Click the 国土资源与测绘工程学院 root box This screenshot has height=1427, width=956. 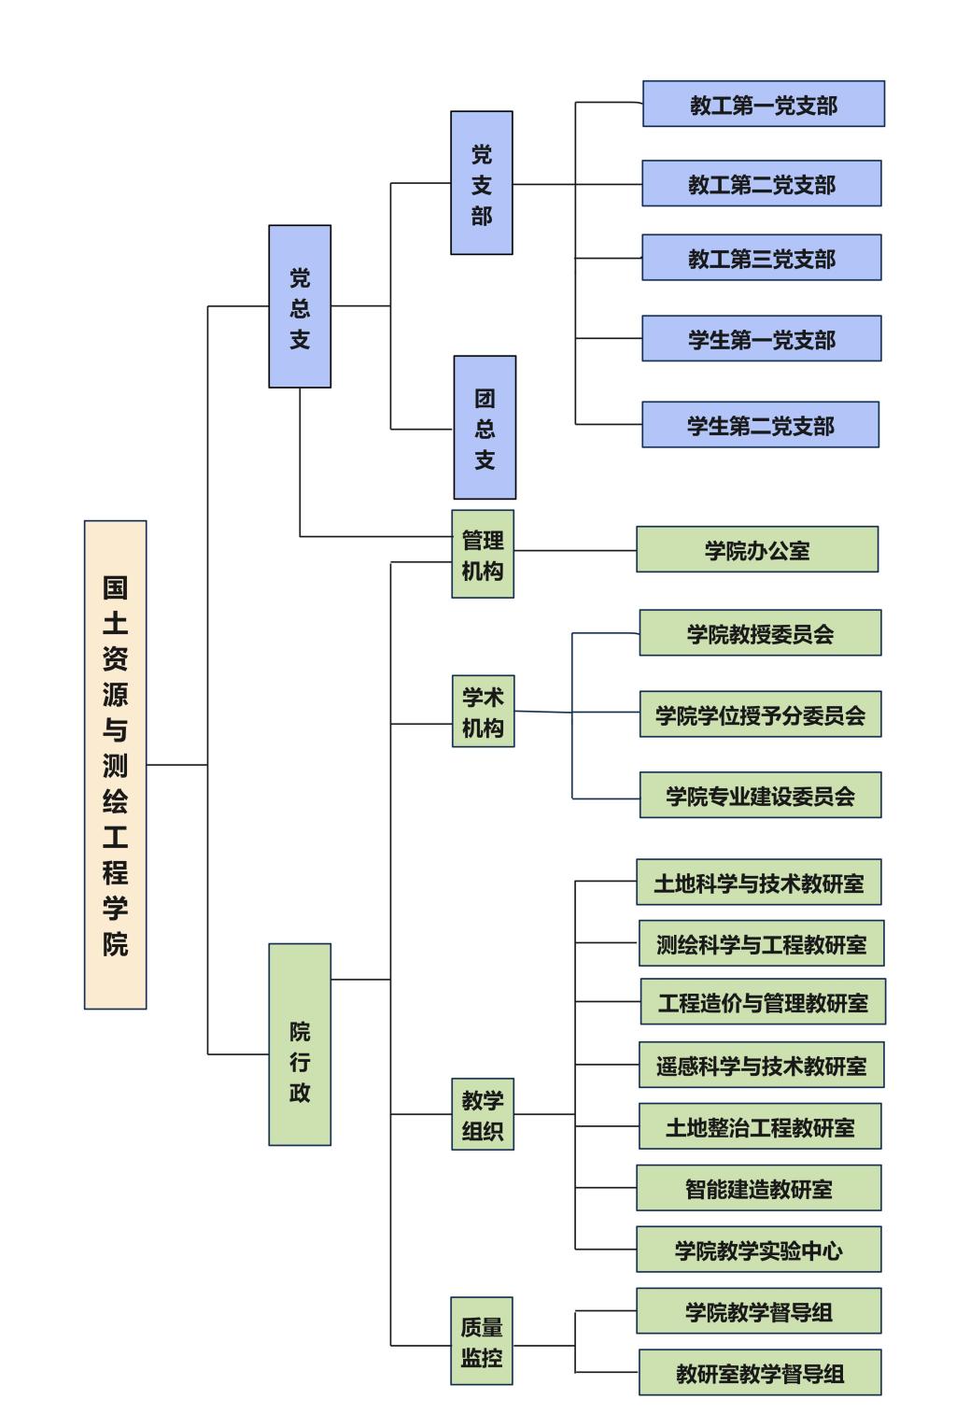point(115,764)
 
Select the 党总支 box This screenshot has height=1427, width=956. point(300,306)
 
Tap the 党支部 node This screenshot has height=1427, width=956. point(482,183)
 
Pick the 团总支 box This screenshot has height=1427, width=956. point(485,428)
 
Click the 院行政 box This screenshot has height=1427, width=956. point(300,1044)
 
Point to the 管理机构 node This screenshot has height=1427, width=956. point(483,554)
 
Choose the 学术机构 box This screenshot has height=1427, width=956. point(483,712)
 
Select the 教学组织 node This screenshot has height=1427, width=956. point(483,1114)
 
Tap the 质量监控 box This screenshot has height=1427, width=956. point(482,1341)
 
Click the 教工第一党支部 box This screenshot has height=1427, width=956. point(763,104)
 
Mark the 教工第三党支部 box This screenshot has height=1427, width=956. point(761,258)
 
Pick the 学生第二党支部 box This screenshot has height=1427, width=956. point(760,425)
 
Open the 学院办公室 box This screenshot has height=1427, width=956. point(757,549)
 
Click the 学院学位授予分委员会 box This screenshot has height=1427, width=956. point(760,714)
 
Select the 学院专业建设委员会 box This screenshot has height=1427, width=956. point(760,795)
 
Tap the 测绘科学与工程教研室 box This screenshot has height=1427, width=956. point(761,943)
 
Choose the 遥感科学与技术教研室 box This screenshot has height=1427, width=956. point(761,1065)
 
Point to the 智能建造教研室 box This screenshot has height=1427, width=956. point(758,1188)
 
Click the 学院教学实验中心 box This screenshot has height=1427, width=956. point(758,1250)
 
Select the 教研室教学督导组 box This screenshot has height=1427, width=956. point(760,1373)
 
